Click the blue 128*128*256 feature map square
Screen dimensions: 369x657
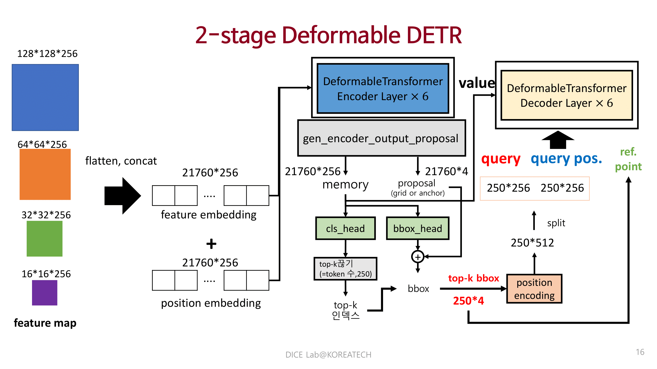pyautogui.click(x=45, y=97)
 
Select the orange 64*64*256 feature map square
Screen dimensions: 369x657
pyautogui.click(x=45, y=174)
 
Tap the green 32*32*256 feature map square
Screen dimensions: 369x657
pyautogui.click(x=44, y=238)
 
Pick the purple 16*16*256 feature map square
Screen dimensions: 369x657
pyautogui.click(x=44, y=292)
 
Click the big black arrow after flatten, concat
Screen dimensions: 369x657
pyautogui.click(x=123, y=196)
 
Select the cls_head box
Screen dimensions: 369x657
pyautogui.click(x=345, y=229)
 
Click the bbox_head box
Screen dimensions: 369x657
pyautogui.click(x=418, y=229)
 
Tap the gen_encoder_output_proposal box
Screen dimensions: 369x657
pyautogui.click(x=381, y=138)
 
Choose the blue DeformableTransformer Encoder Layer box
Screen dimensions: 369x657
pyautogui.click(x=383, y=88)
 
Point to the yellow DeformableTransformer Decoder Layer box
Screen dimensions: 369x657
pyautogui.click(x=566, y=95)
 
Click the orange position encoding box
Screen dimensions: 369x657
pyautogui.click(x=534, y=289)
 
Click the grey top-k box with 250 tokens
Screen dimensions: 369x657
pyautogui.click(x=345, y=269)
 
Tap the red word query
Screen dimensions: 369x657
pyautogui.click(x=500, y=159)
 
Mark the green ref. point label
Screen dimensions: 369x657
pyautogui.click(x=628, y=159)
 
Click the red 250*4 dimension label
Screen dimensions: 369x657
pyautogui.click(x=468, y=301)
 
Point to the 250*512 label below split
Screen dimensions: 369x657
pyautogui.click(x=532, y=243)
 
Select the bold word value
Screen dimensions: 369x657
pyautogui.click(x=477, y=83)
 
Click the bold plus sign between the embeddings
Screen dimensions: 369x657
pyautogui.click(x=211, y=244)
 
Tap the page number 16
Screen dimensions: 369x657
pyautogui.click(x=640, y=352)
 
